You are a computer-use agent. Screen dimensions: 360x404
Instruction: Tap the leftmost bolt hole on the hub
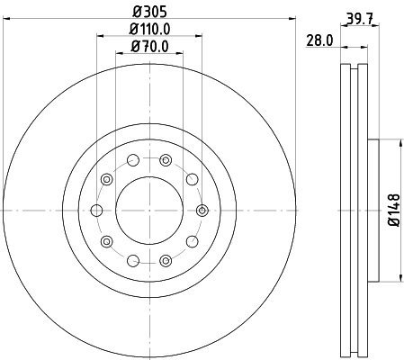[x=96, y=210]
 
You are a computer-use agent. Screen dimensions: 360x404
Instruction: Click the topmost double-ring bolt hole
[x=165, y=160]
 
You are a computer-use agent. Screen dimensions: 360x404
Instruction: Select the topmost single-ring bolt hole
[x=133, y=161]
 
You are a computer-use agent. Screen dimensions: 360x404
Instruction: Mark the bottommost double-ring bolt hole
[x=165, y=260]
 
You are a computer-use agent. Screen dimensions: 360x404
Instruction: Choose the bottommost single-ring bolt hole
[x=133, y=260]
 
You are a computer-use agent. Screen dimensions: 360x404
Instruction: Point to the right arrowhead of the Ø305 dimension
[x=292, y=20]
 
